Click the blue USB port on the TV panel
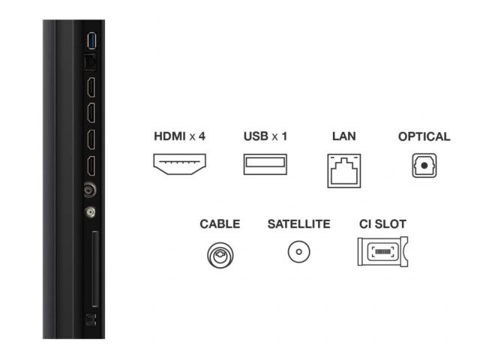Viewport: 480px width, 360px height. coord(91,40)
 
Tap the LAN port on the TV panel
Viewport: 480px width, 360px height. coord(90,63)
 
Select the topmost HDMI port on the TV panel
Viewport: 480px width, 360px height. coord(91,87)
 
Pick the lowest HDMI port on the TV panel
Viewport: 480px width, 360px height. coord(91,166)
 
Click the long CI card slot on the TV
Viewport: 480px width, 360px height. coord(95,268)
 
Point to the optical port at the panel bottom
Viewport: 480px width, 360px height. coord(91,319)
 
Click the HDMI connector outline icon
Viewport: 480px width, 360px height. coord(180,164)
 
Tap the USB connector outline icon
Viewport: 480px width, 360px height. coord(265,164)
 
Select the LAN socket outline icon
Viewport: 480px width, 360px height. coord(344,170)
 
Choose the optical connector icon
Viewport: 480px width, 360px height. coord(424,165)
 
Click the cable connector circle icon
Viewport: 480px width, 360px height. coord(220,255)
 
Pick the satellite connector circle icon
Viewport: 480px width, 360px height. coord(298,252)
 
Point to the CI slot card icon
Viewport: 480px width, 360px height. coord(382,252)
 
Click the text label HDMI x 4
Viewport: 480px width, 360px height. coord(180,136)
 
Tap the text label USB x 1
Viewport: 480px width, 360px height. coord(265,136)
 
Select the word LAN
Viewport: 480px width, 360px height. coord(344,136)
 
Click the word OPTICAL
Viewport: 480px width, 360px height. coord(424,136)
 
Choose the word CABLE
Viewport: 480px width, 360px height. coord(220,224)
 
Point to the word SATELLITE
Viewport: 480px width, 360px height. coord(298,224)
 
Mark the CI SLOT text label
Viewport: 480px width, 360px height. coord(382,224)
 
